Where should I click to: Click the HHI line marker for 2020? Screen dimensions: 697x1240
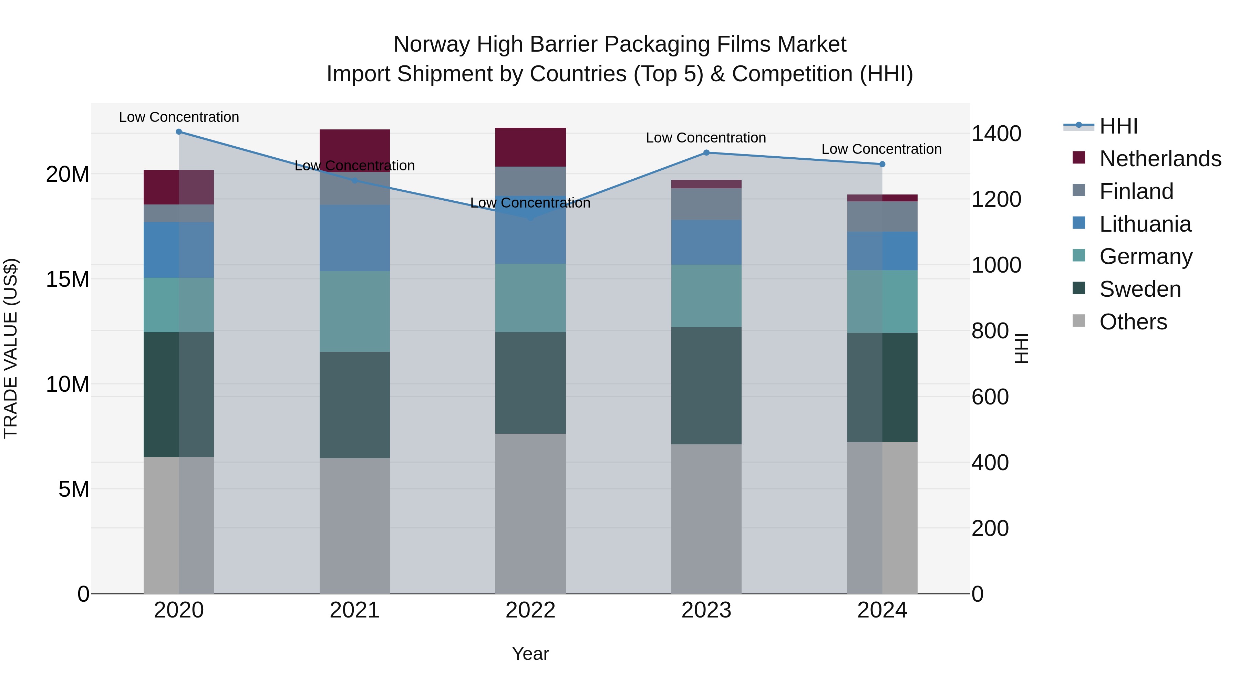click(x=178, y=132)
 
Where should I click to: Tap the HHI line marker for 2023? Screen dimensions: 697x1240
click(x=706, y=152)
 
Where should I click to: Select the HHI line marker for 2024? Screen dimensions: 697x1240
click(x=882, y=164)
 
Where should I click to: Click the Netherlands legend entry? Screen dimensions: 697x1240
click(x=1160, y=159)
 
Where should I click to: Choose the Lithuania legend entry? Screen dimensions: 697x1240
click(x=1145, y=224)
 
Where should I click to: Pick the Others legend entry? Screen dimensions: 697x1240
click(x=1133, y=322)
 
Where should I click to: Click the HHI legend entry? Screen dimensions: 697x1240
click(x=1118, y=126)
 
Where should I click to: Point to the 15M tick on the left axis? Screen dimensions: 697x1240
click(x=68, y=279)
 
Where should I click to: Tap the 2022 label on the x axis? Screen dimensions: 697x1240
click(x=530, y=610)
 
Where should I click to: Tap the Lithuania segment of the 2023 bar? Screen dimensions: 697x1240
click(x=706, y=242)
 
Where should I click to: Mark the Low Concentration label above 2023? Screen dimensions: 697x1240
click(x=706, y=138)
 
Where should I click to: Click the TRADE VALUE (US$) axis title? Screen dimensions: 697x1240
click(x=11, y=348)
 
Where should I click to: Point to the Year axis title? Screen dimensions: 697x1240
click(x=530, y=654)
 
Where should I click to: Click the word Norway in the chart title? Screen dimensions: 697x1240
click(x=432, y=44)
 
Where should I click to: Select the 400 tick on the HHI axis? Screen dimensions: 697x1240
click(x=990, y=462)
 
